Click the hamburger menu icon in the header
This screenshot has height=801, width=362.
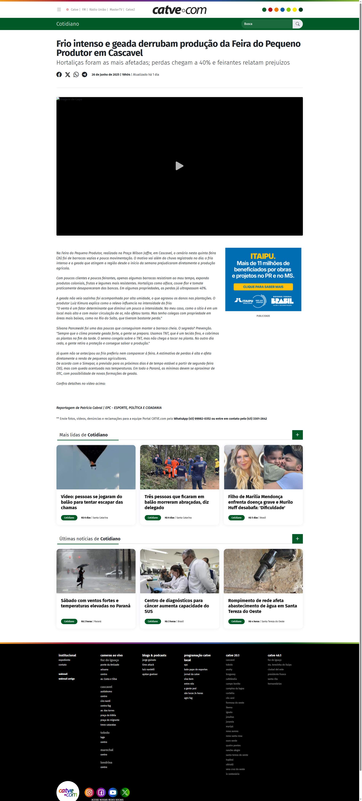59,10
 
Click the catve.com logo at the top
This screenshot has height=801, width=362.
179,10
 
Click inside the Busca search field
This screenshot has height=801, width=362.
266,24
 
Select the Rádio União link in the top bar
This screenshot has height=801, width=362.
98,10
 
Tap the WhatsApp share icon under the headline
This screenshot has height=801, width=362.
76,75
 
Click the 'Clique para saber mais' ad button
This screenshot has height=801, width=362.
263,287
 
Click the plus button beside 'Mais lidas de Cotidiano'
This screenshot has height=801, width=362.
297,435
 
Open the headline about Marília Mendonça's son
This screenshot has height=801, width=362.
260,502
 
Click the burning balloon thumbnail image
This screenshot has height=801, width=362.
96,467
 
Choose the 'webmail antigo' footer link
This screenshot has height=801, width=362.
67,679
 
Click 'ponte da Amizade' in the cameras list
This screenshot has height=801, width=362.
110,665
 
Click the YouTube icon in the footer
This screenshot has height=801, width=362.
113,792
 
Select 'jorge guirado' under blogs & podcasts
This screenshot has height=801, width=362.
149,660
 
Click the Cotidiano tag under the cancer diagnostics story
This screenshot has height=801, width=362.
152,621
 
